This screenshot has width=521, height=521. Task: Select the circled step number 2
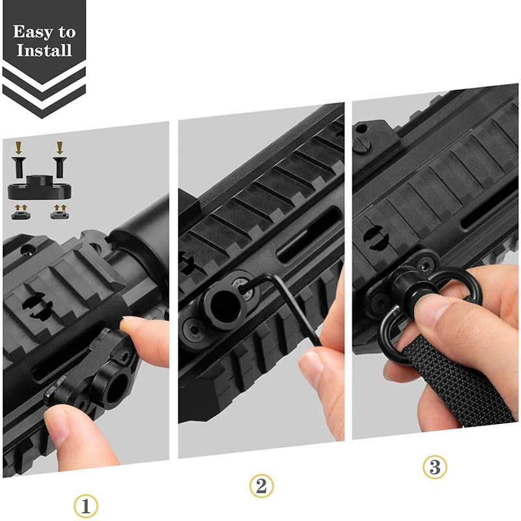click(261, 485)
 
